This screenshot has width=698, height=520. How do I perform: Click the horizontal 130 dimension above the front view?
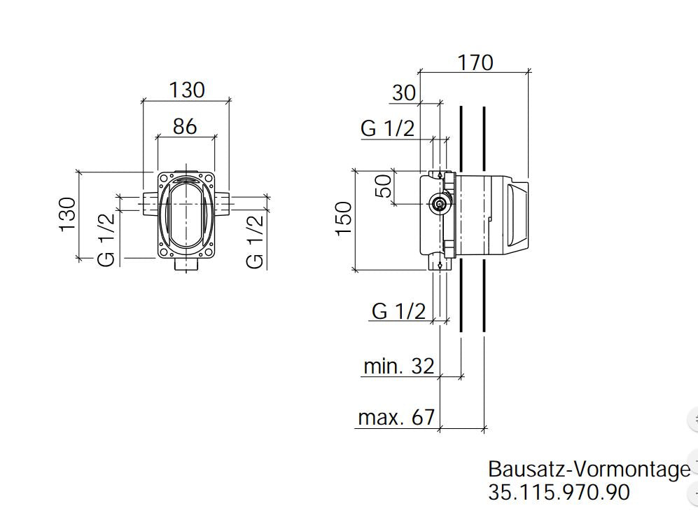(x=187, y=90)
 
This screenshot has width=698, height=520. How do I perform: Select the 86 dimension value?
(x=185, y=126)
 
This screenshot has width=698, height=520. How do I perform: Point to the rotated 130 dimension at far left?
(x=67, y=214)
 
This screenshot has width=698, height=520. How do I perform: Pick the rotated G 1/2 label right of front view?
(x=256, y=241)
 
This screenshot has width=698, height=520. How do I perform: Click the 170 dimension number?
(x=475, y=62)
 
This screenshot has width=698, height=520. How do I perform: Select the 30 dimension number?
(x=404, y=93)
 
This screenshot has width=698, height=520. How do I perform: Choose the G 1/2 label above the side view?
(x=387, y=128)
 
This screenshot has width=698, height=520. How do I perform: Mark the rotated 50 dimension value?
(x=384, y=186)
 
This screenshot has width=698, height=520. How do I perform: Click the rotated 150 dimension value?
(x=344, y=219)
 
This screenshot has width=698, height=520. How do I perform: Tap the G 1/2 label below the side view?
(x=398, y=311)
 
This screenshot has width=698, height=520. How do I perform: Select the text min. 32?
(x=398, y=366)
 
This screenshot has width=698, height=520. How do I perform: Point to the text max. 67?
(x=396, y=418)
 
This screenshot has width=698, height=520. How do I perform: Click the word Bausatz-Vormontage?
(x=588, y=469)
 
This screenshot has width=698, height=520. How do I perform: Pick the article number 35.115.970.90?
(x=559, y=492)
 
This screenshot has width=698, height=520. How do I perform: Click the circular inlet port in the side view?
(x=439, y=204)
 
